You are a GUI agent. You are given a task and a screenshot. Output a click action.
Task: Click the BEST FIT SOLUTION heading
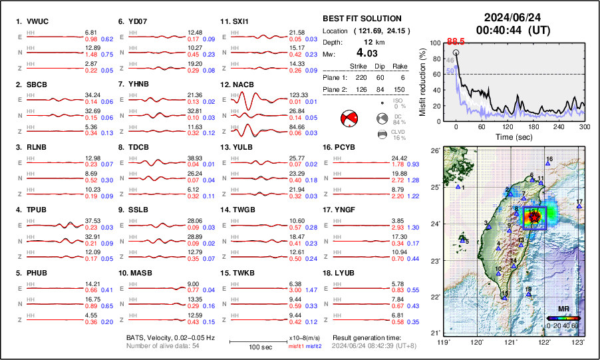pyautogui.click(x=361, y=19)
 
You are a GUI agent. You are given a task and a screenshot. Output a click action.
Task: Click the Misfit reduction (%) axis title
pyautogui.click(x=422, y=82)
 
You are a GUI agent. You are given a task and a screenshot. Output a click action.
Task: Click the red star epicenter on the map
pyautogui.click(x=535, y=216)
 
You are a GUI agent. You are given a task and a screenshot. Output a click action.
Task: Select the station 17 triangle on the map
pyautogui.click(x=579, y=206)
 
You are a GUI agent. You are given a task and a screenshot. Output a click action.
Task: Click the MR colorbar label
pyautogui.click(x=563, y=309)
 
